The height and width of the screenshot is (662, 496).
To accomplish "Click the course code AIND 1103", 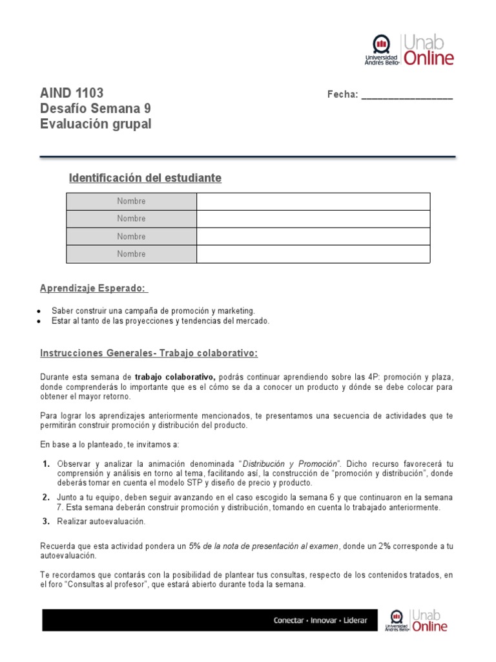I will point(71,93).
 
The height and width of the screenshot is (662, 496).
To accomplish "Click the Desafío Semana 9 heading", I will point(95,109).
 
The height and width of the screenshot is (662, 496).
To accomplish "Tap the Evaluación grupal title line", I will point(96,124).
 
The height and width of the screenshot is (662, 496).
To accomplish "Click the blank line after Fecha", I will point(407,95).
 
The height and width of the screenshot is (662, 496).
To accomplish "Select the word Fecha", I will point(342,95).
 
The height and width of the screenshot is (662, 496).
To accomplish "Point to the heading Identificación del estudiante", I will point(145,178).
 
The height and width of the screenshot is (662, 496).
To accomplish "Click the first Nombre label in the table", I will point(131,201).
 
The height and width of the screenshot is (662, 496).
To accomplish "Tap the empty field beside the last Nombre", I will point(313,254).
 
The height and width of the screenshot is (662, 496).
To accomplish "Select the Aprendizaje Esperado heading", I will point(94,288).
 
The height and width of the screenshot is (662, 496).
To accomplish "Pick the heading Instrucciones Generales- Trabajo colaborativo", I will point(149,353).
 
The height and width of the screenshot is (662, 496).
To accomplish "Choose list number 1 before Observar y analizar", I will point(46,464).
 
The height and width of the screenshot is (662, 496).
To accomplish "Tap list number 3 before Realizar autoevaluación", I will point(46,521).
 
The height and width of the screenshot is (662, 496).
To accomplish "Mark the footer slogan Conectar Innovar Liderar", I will point(320,620).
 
